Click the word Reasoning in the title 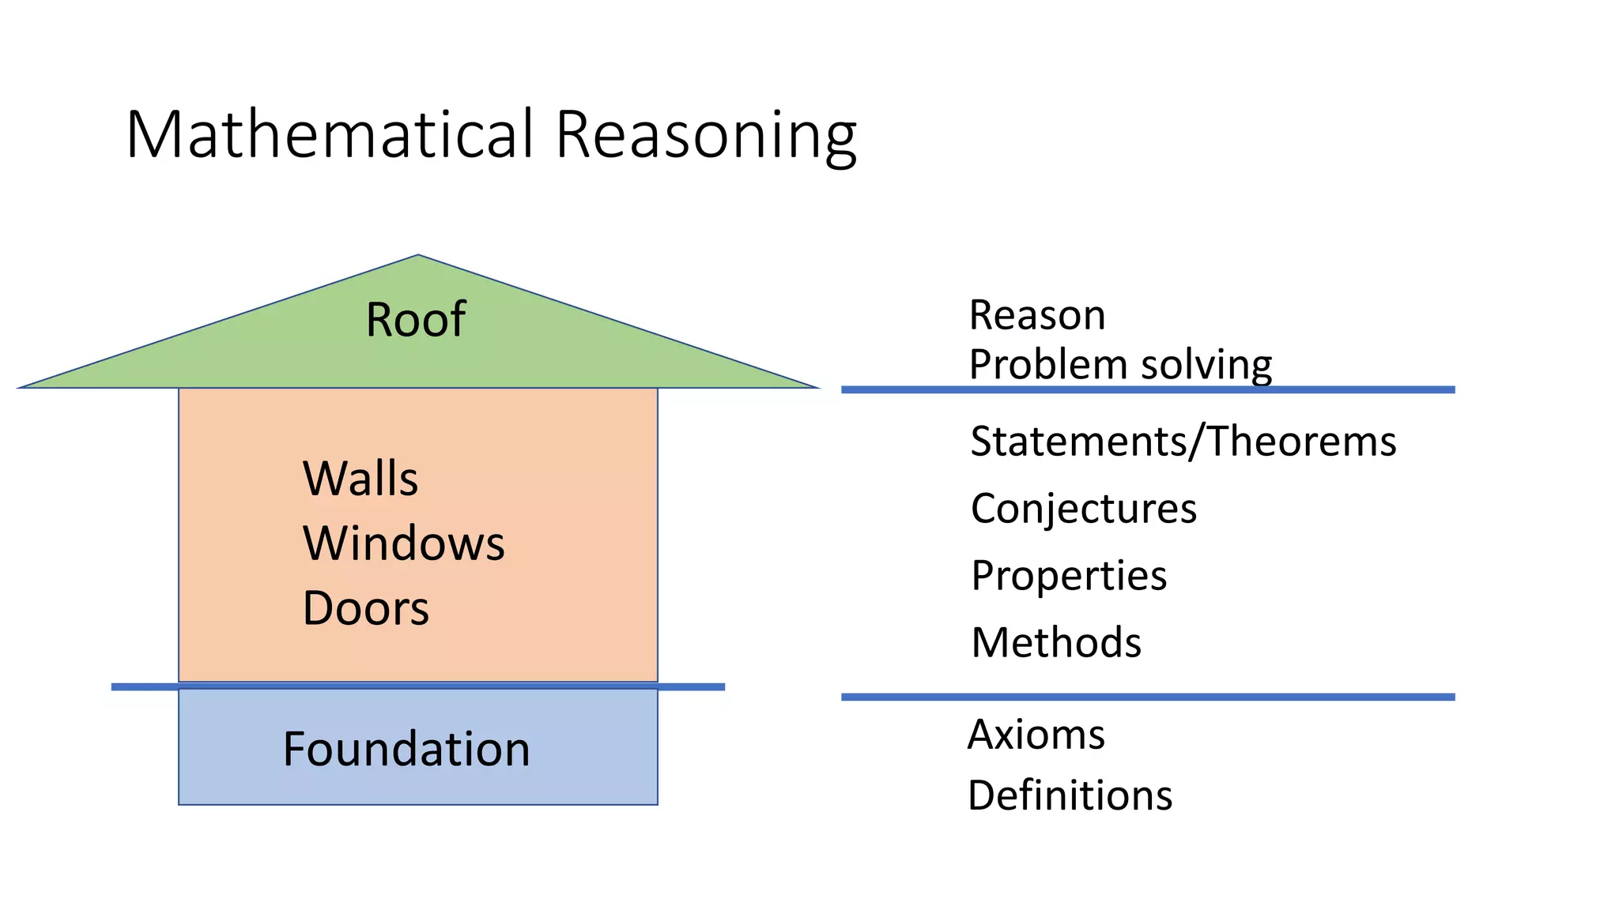[705, 136]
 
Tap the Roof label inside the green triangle [415, 320]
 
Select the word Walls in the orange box [360, 479]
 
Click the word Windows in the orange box [403, 543]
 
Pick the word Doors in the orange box [365, 608]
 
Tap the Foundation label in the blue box [406, 749]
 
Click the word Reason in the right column [1036, 315]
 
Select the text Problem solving [1119, 365]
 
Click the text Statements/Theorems [1183, 441]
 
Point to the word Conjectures [1083, 508]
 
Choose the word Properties [1069, 575]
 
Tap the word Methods [1056, 642]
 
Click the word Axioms [1036, 735]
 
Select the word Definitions [1070, 795]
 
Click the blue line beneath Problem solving [1146, 389]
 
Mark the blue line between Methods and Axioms [1146, 697]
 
